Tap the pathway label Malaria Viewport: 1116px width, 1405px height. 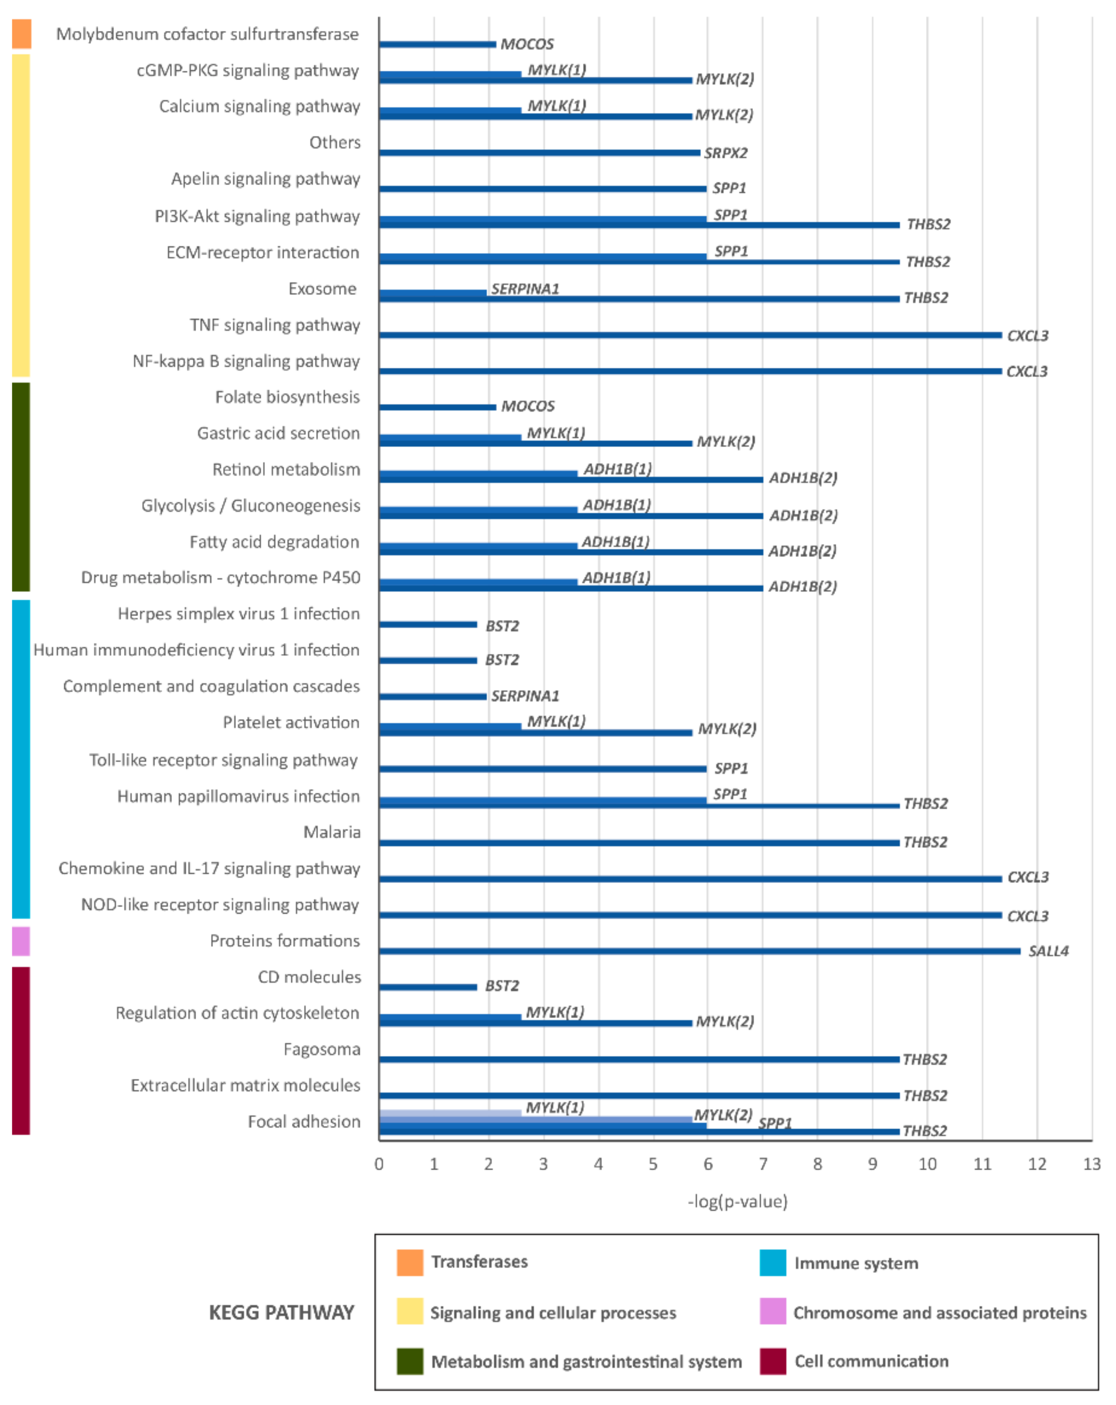click(332, 832)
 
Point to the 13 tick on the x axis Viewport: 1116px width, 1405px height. click(1091, 1164)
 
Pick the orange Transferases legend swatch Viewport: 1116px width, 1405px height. click(410, 1262)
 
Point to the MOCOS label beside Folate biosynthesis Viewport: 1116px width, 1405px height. click(527, 406)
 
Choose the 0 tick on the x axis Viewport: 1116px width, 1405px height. click(379, 1164)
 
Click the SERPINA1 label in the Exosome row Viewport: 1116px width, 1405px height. click(525, 289)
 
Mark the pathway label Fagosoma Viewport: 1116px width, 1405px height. click(322, 1049)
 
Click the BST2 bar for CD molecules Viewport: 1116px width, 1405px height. click(428, 987)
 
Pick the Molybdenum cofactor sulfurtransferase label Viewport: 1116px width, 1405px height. click(207, 34)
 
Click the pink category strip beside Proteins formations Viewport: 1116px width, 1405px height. click(21, 941)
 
